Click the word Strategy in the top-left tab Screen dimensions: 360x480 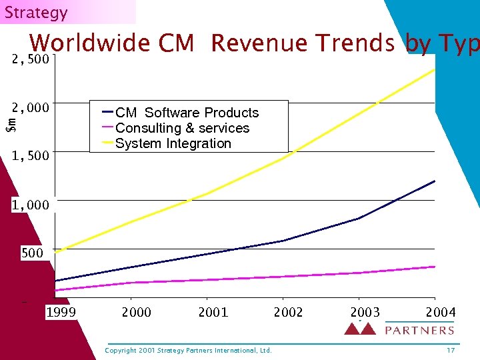tap(36, 13)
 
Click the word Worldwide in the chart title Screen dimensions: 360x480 tap(90, 43)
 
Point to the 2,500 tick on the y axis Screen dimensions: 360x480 tap(31, 60)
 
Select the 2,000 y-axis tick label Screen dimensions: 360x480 tap(31, 108)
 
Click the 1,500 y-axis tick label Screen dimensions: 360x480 tap(31, 156)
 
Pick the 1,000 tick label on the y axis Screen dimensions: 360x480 tap(31, 205)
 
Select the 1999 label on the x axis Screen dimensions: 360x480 tap(61, 312)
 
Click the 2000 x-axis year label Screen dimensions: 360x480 tap(136, 312)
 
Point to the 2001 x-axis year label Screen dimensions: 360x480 tap(213, 312)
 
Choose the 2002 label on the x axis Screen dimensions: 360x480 tap(288, 312)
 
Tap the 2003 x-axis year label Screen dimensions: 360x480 tap(365, 312)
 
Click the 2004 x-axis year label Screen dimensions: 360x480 tap(441, 312)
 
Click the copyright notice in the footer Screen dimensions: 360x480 tap(189, 350)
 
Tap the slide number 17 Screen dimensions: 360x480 tap(451, 350)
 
